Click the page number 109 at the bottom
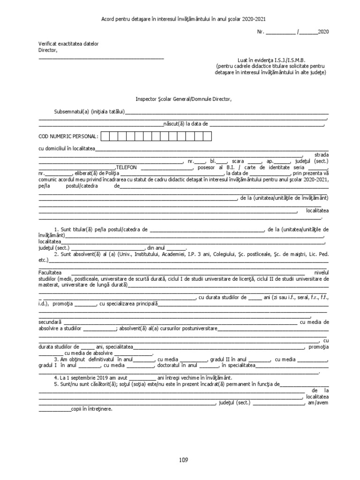point(183,460)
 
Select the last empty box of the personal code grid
point(208,136)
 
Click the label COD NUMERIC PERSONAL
point(68,136)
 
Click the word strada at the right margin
point(322,154)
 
